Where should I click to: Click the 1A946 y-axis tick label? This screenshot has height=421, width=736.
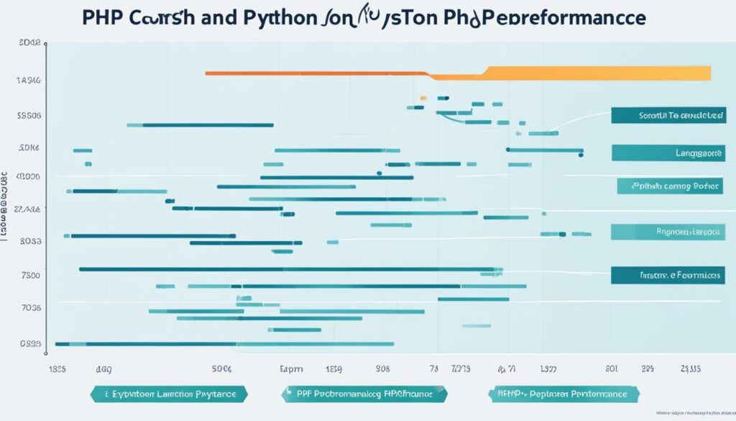coord(28,81)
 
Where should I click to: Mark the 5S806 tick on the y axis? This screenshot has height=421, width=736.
coord(28,114)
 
